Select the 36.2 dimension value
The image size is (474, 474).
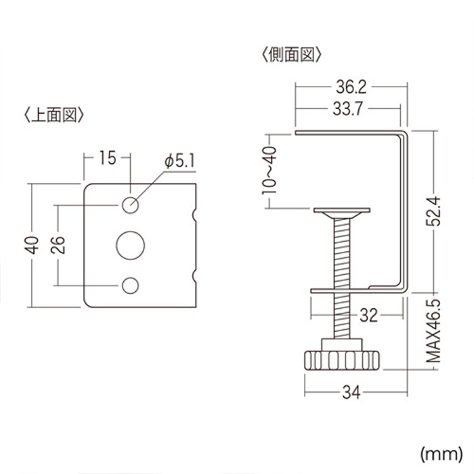[351, 87]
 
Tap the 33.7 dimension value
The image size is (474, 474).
[345, 108]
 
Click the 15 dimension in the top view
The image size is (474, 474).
[107, 158]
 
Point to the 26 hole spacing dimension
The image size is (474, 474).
[59, 244]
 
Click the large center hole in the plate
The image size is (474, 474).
[130, 244]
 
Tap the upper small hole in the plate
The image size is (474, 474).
[130, 204]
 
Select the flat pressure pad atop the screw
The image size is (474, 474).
[343, 211]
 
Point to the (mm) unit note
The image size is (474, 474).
[439, 452]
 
